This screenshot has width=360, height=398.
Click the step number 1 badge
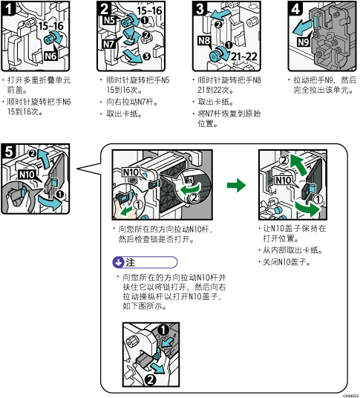(x=8, y=8)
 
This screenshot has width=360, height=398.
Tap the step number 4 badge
(x=295, y=9)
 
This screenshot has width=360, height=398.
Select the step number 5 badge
(x=8, y=151)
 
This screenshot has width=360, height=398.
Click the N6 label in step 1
(x=50, y=56)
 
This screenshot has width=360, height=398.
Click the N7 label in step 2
(x=109, y=44)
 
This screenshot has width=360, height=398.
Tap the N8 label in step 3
(x=204, y=40)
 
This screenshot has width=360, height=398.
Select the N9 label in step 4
(x=304, y=42)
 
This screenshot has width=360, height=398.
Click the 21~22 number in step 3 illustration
(x=244, y=56)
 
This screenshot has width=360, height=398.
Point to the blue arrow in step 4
(x=302, y=28)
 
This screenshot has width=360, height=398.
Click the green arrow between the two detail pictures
(x=236, y=185)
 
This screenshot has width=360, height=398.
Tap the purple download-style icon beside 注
(x=118, y=262)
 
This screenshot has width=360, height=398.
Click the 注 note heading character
(x=130, y=262)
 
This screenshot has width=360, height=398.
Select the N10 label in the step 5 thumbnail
(x=27, y=174)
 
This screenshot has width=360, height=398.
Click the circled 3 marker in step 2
(x=146, y=56)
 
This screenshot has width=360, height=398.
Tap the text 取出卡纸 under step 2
(x=124, y=114)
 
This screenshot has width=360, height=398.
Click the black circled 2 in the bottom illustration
(x=150, y=379)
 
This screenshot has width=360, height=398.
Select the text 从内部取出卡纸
(x=292, y=250)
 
